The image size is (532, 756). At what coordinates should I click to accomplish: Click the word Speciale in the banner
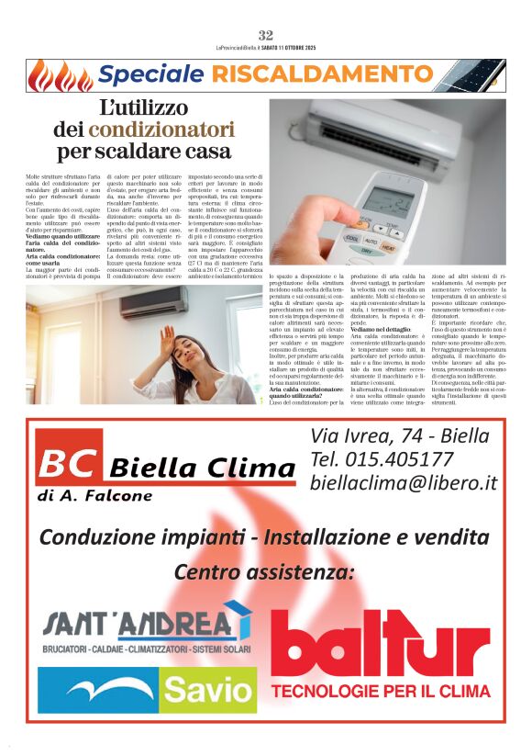coord(151,74)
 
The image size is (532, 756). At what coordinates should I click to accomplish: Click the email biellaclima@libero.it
coord(404,482)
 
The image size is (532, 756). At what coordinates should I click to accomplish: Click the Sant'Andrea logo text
coord(138,625)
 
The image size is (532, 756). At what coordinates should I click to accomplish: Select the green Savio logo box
coord(207,691)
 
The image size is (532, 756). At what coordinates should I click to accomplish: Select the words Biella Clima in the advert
coord(203,470)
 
